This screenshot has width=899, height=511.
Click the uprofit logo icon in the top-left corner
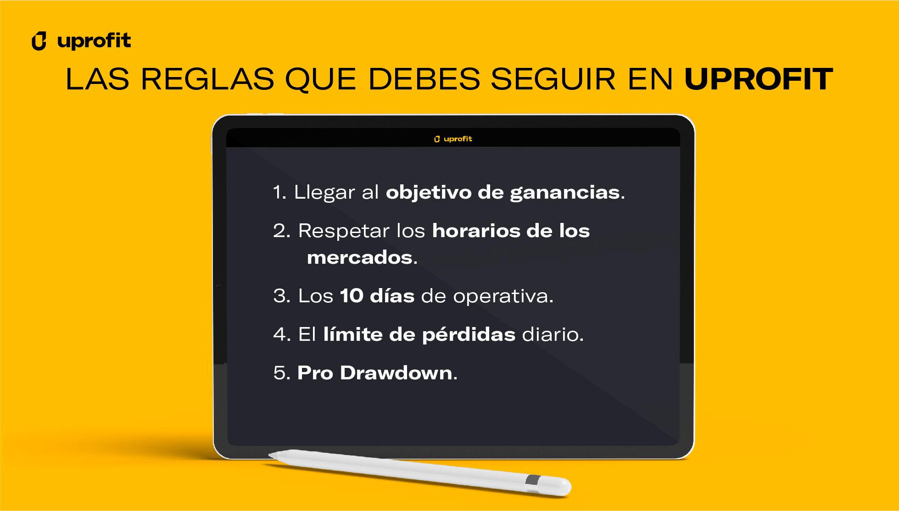(39, 41)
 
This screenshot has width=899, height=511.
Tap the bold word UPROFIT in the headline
(758, 79)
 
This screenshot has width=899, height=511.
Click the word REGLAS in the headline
(207, 79)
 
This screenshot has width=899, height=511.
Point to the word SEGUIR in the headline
(553, 79)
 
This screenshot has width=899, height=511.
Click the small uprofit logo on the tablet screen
(453, 139)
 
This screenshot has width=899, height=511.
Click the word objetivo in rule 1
(429, 193)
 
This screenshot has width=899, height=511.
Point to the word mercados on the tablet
(360, 258)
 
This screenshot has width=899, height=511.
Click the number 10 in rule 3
(352, 296)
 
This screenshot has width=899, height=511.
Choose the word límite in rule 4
(353, 334)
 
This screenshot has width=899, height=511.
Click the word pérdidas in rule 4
(469, 335)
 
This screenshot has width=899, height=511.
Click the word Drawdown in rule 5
(396, 372)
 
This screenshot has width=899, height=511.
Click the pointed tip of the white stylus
(269, 455)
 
